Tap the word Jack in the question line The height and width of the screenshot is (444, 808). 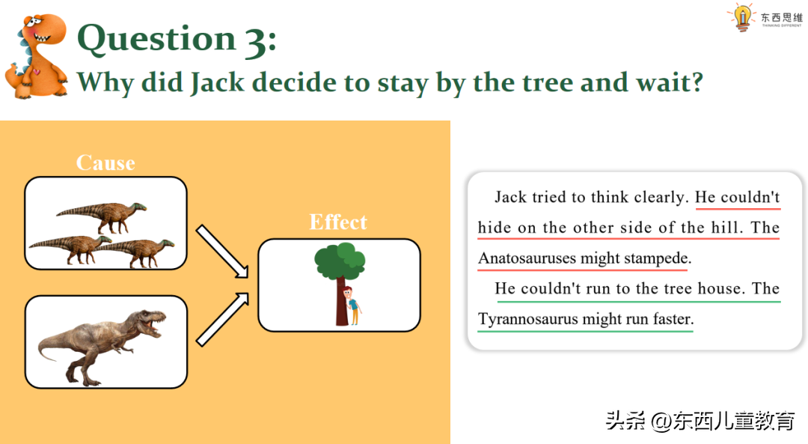pos(216,82)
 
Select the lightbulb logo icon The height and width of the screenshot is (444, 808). pos(742,17)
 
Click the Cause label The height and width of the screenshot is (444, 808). pos(105,163)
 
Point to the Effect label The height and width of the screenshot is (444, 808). pos(338,222)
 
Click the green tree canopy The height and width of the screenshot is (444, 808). pos(340,261)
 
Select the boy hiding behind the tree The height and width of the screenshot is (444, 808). pos(352,305)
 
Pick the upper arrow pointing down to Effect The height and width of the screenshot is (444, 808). pos(222,251)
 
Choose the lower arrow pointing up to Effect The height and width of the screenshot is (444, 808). pos(222,319)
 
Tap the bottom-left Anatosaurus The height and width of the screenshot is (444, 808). pos(70,249)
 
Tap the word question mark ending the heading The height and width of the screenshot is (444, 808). pos(697,82)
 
